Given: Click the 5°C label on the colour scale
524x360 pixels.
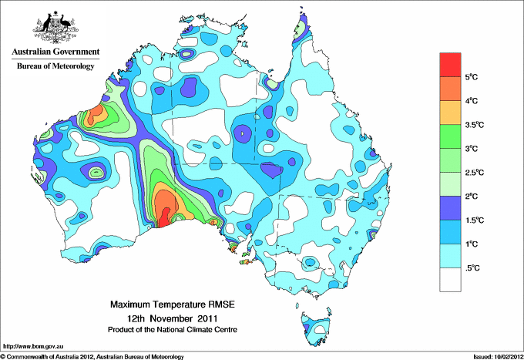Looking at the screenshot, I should pyautogui.click(x=473, y=77).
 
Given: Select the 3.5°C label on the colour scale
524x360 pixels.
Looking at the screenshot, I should pyautogui.click(x=475, y=124).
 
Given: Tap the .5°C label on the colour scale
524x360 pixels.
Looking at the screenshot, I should pyautogui.click(x=473, y=267).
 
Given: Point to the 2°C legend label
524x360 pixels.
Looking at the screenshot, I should pyautogui.click(x=473, y=196).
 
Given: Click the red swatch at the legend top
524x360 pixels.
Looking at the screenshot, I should pyautogui.click(x=450, y=65).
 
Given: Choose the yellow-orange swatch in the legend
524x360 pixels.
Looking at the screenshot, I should pyautogui.click(x=450, y=113).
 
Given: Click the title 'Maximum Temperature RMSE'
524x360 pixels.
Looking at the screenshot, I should pyautogui.click(x=173, y=304).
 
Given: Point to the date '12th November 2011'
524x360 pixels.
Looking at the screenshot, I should pyautogui.click(x=173, y=318).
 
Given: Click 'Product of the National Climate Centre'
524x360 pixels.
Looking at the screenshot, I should pyautogui.click(x=173, y=329).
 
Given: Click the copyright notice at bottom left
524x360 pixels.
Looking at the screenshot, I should pyautogui.click(x=92, y=356).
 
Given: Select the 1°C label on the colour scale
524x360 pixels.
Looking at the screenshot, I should pyautogui.click(x=473, y=244).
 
